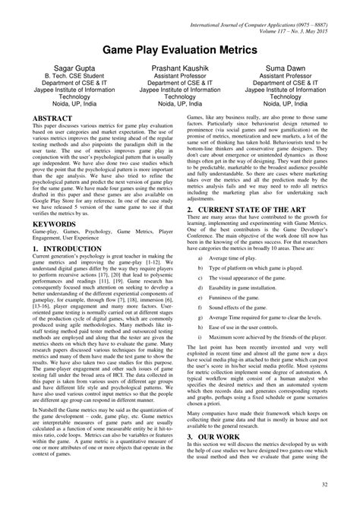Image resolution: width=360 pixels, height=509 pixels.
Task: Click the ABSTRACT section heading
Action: click(55, 121)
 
